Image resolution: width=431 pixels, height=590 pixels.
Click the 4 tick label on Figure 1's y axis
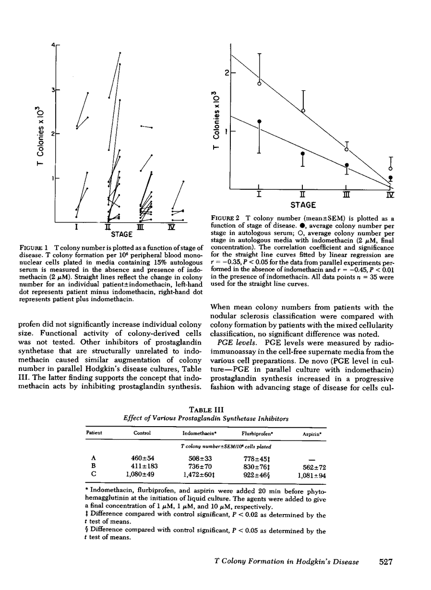pyautogui.click(x=53, y=45)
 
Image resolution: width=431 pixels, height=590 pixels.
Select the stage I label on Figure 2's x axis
pyautogui.click(x=259, y=195)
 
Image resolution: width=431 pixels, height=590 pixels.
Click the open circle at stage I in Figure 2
pyautogui.click(x=259, y=84)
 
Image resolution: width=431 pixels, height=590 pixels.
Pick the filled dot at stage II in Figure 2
pyautogui.click(x=302, y=154)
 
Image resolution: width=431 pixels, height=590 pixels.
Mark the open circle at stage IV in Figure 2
pyautogui.click(x=391, y=169)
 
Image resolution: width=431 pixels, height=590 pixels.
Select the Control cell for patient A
pyautogui.click(x=142, y=458)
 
